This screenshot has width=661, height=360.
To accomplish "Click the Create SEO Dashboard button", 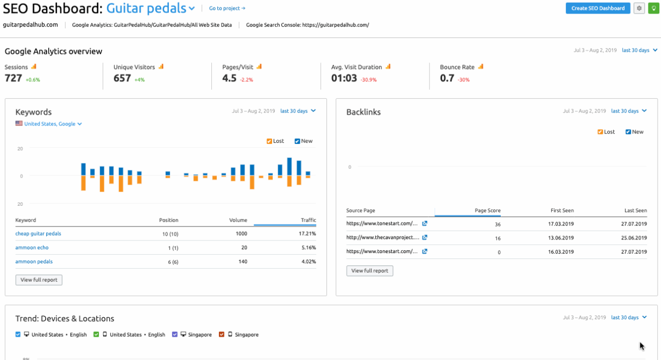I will pos(597,8).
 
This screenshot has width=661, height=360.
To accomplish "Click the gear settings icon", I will pos(639,8).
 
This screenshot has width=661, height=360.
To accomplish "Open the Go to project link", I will pos(227,8).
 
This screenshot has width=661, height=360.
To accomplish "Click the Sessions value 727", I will pos(14,78).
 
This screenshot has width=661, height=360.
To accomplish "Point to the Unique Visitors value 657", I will pos(122,78).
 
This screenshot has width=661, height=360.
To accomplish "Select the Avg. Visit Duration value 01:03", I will pos(344,78).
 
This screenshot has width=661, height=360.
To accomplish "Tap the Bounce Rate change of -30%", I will pos(463,80).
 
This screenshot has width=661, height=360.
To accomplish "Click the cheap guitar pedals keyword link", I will pos(38,233).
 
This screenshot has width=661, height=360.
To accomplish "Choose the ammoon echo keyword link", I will pos(32,248).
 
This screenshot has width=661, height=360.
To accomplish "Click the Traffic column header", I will pos(309,220).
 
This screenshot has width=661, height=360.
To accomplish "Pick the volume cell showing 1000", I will pos(241,233).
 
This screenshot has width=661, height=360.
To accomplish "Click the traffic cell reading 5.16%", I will pos(307,248).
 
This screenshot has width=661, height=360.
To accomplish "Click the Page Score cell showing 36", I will pos(498,224).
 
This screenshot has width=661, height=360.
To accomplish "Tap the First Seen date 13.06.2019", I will pos(561,238).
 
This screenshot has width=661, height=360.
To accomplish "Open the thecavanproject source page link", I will pos(383,238).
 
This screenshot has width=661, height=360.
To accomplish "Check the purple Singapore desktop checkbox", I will pos(175,334).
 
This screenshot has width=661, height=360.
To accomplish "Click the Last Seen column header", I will pos(635,211).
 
